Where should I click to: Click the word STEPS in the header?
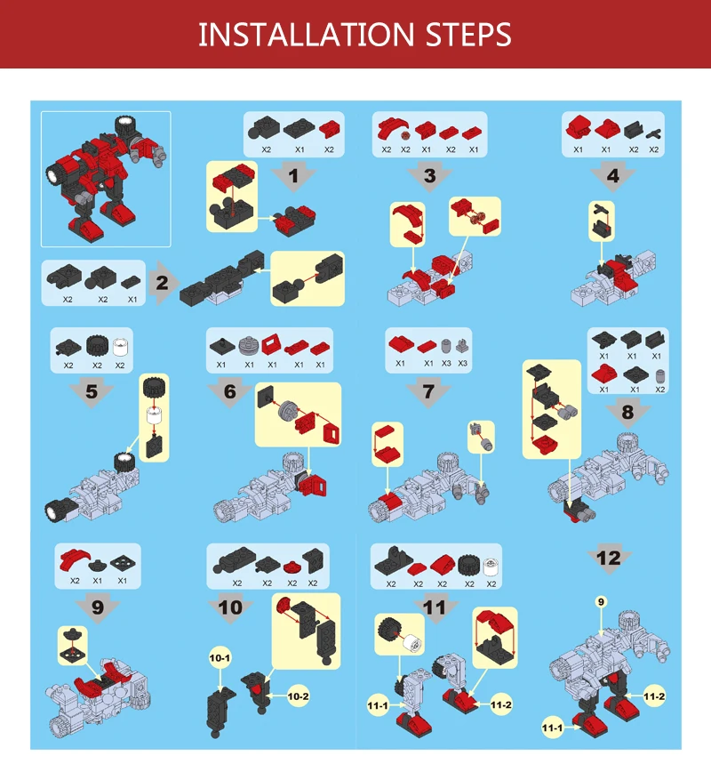468,35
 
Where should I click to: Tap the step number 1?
293,175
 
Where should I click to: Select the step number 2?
162,283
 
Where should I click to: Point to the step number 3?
430,175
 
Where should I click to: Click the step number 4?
613,175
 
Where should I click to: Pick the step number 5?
92,391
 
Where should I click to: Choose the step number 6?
229,391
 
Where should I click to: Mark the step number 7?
428,391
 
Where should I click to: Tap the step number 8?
627,412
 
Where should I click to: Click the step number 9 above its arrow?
98,607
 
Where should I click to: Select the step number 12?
609,559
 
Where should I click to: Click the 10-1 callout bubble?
220,658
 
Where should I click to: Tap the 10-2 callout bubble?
298,696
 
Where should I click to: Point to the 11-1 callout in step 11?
378,705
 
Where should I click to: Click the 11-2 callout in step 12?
654,696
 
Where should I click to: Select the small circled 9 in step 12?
601,602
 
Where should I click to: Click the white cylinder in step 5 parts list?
120,347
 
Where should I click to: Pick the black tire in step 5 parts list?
97,345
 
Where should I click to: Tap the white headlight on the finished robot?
53,175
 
